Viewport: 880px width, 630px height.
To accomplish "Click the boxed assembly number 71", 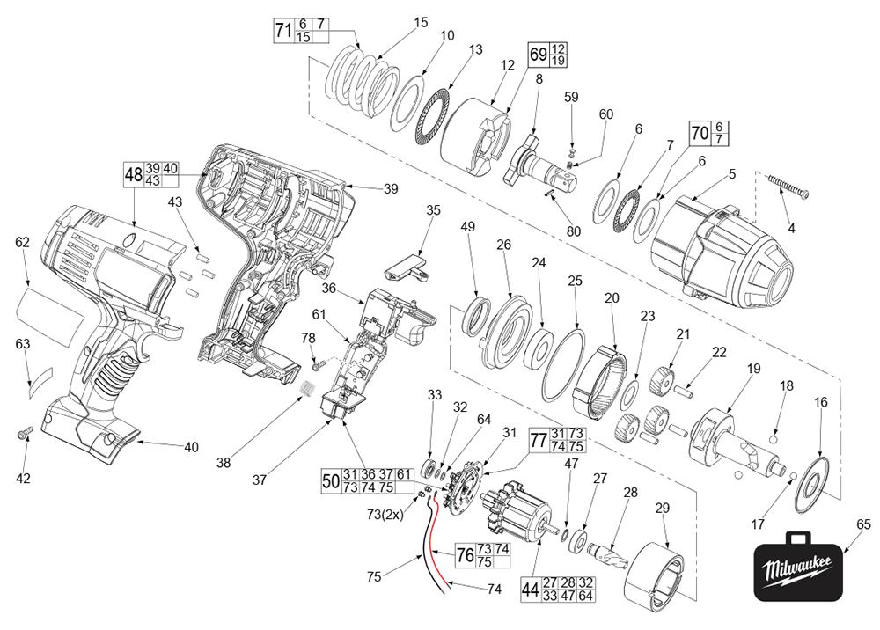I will point(283,31).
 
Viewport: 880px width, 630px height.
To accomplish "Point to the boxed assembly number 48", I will point(134,175).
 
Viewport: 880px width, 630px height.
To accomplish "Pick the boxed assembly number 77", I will point(539,439).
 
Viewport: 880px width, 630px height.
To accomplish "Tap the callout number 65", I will point(863,525).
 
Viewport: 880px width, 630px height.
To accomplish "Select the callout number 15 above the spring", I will point(421,23).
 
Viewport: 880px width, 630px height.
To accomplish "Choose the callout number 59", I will point(571,98).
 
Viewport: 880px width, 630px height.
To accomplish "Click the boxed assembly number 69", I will point(538,54).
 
